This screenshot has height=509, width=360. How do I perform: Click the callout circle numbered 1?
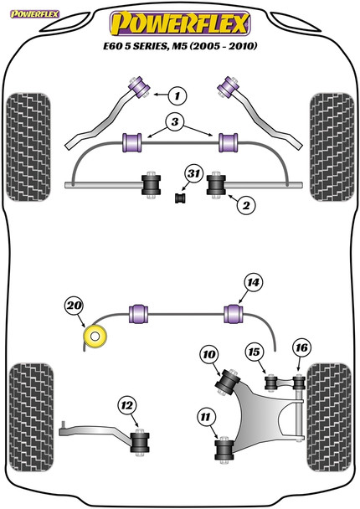tap(177, 95)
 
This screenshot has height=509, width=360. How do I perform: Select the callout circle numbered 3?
tap(175, 121)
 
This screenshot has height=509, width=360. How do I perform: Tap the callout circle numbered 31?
tap(193, 173)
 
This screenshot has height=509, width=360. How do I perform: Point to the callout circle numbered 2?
tap(246, 205)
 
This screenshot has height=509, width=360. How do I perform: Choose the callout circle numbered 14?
tap(253, 283)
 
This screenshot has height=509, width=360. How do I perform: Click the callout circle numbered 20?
tap(75, 306)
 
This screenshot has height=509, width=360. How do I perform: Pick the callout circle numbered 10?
tap(209, 354)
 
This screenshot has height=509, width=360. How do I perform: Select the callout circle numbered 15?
tap(255, 352)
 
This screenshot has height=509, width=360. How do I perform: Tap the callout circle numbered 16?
tap(301, 348)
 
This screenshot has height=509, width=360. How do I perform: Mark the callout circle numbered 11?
tap(205, 417)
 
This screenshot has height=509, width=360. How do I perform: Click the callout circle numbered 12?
tap(127, 405)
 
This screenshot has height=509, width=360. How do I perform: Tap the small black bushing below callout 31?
tap(180, 198)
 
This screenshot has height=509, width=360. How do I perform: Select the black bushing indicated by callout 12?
tap(140, 442)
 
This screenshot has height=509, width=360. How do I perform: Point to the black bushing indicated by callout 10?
tap(228, 382)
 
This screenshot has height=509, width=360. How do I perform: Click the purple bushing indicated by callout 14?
tap(234, 314)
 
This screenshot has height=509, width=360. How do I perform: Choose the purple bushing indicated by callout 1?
tap(140, 87)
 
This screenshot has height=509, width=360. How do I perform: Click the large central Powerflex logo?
tap(180, 23)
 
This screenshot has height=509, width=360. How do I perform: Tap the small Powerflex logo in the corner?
tap(34, 14)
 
